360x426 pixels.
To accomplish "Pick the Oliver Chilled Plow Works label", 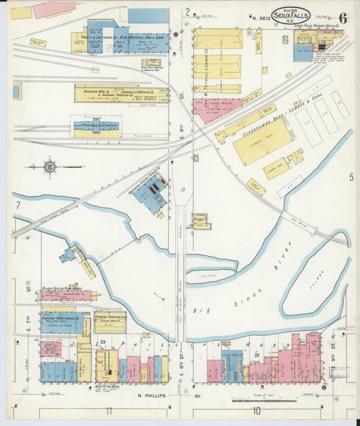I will tap(62, 288).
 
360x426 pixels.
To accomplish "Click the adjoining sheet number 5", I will tap(351, 178).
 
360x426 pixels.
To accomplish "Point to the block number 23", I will tap(103, 342).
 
